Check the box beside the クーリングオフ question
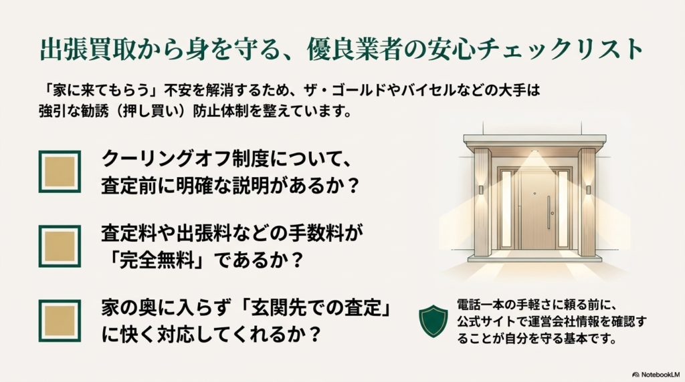60,172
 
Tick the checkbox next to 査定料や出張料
60,246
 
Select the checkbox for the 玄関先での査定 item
60,321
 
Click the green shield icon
433,321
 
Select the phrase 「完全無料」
157,259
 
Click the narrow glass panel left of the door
506,209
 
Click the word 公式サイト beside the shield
482,323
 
